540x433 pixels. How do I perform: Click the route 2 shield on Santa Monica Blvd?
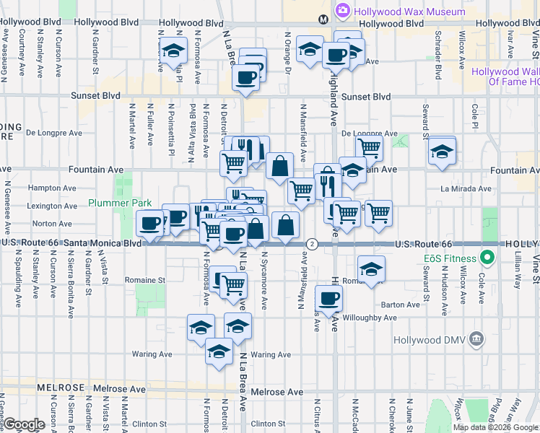tap(312, 244)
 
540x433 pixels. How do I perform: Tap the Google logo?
tap(23, 424)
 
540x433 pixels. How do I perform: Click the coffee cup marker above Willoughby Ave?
tap(329, 298)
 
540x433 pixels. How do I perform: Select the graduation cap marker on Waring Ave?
tap(219, 351)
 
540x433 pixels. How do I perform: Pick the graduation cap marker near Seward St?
tap(442, 152)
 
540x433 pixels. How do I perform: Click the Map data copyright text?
tap(495, 427)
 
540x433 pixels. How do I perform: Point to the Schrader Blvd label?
tap(437, 54)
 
